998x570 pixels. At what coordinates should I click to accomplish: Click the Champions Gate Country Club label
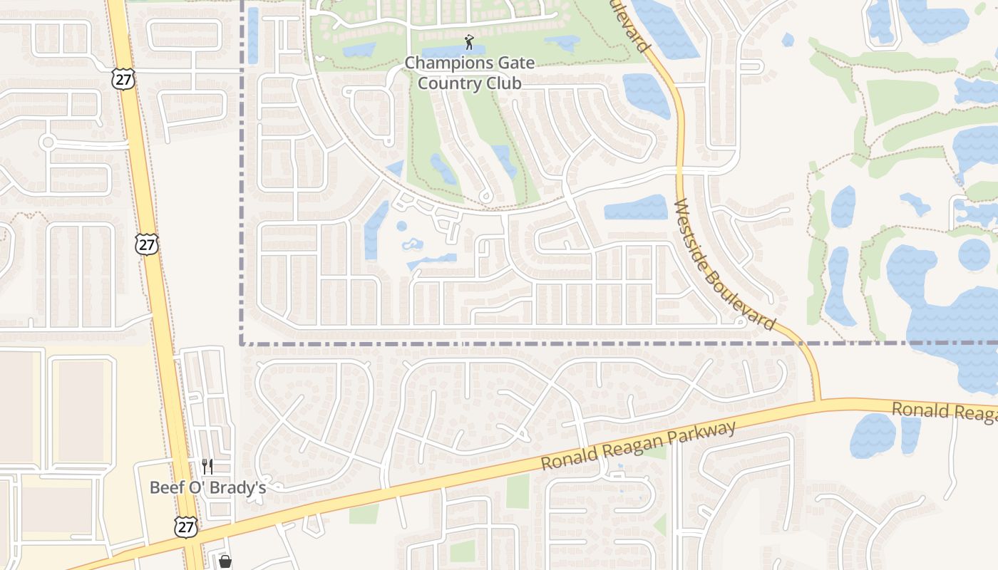[469, 73]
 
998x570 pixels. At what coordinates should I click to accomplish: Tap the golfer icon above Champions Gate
[468, 42]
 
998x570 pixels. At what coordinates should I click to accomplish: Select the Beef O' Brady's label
[207, 487]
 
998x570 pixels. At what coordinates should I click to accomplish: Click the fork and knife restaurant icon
[207, 467]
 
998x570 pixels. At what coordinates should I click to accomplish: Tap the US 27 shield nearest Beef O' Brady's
[185, 527]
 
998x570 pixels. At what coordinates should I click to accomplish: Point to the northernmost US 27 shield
[123, 78]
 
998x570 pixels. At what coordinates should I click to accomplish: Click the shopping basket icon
[225, 562]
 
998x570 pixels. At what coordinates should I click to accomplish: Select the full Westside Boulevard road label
[724, 264]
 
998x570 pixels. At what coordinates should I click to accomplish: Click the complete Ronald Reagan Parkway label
[638, 445]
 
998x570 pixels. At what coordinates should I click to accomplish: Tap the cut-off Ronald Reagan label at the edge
[945, 412]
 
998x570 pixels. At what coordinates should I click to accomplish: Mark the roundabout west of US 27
[48, 142]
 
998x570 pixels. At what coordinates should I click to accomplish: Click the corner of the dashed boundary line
[242, 343]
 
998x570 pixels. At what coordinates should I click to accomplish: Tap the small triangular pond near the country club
[395, 170]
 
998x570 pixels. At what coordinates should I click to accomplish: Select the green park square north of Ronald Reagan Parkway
[518, 492]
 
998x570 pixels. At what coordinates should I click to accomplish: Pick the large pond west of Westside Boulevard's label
[636, 207]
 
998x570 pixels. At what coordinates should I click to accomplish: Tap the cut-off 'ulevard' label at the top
[632, 26]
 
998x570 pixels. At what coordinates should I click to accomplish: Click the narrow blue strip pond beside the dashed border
[252, 36]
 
